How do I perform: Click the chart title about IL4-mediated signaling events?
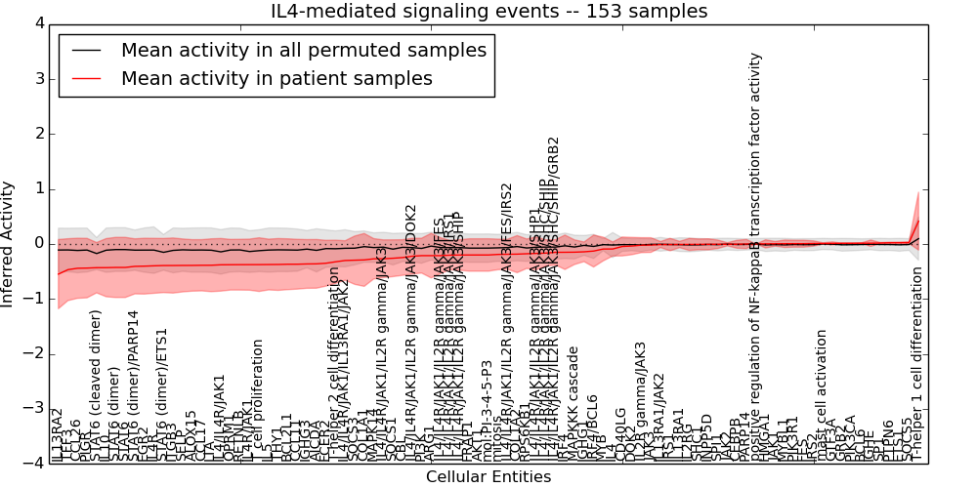coord(488,11)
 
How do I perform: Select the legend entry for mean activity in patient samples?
coord(276,79)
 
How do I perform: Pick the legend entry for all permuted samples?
coord(303,50)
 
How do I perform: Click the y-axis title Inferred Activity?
coord(9,243)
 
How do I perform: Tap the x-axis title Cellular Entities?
coord(488,477)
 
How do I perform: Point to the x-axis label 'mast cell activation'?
coord(822,395)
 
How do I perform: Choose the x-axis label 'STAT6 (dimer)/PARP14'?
coord(134,385)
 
